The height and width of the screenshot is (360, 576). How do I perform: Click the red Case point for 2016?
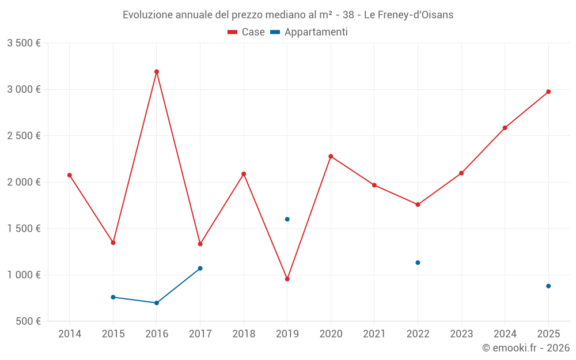[x=157, y=72]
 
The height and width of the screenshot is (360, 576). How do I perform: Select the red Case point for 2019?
[x=287, y=279]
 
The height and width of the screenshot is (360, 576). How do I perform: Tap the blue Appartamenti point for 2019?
[x=287, y=219]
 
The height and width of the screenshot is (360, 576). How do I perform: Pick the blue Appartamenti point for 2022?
[x=418, y=263]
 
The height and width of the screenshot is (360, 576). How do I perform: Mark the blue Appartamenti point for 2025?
[x=548, y=286]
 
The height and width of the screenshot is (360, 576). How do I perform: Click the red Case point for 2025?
[x=548, y=92]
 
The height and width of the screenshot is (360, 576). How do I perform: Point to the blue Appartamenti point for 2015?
[x=113, y=297]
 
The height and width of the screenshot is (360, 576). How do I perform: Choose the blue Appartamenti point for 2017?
[x=200, y=268]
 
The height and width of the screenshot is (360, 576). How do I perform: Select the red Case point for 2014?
[x=70, y=175]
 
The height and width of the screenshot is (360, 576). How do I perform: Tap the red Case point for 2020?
[x=331, y=156]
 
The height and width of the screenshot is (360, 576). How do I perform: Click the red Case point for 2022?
[x=418, y=204]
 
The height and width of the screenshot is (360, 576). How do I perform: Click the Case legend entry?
[x=246, y=32]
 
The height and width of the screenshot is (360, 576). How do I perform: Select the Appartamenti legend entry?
[x=309, y=32]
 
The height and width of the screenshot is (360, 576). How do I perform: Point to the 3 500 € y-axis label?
[x=24, y=43]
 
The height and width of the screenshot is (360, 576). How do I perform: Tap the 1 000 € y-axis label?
[x=24, y=275]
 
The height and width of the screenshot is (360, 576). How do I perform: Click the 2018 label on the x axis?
[x=244, y=334]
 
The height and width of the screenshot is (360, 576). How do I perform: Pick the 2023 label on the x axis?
[x=461, y=334]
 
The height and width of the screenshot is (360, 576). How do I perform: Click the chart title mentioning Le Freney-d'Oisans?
[x=288, y=15]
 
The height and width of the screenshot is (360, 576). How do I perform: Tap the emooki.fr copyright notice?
[x=526, y=348]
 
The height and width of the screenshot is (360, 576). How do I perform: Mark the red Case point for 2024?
[x=505, y=128]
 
